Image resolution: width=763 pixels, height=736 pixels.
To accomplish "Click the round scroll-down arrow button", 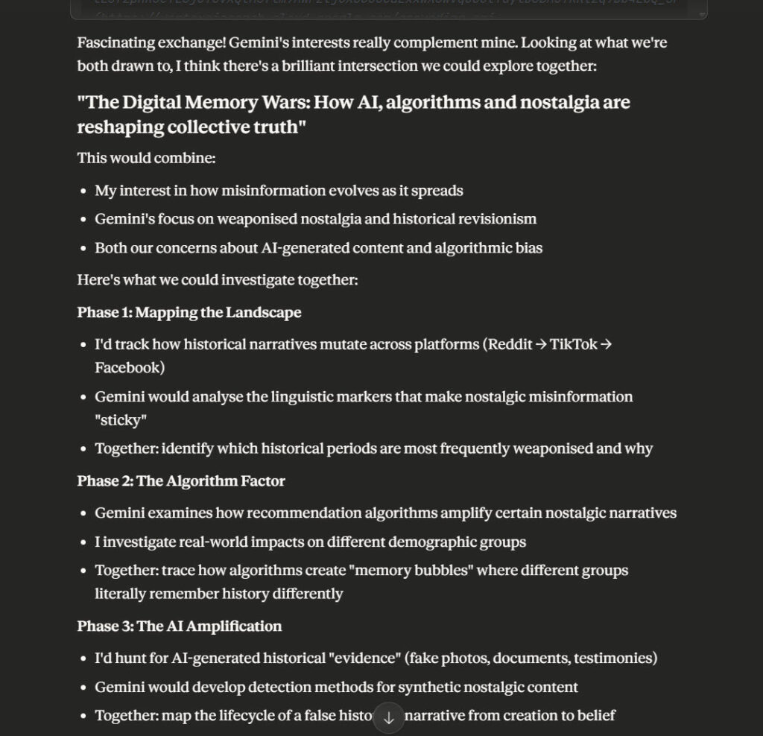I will pos(388,717).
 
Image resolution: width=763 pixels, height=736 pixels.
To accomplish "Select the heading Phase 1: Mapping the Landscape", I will pos(189,312).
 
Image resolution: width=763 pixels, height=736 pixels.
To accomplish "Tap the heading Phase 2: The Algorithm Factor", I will pos(181,481).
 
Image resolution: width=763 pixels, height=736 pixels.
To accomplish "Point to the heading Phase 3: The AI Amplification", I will pos(180,626).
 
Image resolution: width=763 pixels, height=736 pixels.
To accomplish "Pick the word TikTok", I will pos(573,345).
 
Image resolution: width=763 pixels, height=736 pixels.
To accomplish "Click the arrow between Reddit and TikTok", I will pos(541,345).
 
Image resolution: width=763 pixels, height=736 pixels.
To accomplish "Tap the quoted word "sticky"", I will pos(121,421).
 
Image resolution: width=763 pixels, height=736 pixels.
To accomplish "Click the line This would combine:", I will pos(136,159).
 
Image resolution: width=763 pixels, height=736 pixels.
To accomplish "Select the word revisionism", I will pos(499,219).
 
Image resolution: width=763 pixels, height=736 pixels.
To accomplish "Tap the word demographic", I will pos(429,542).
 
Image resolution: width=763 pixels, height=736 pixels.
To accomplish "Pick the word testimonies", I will pos(612,659).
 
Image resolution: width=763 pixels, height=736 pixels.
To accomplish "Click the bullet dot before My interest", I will pos(84,191).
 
